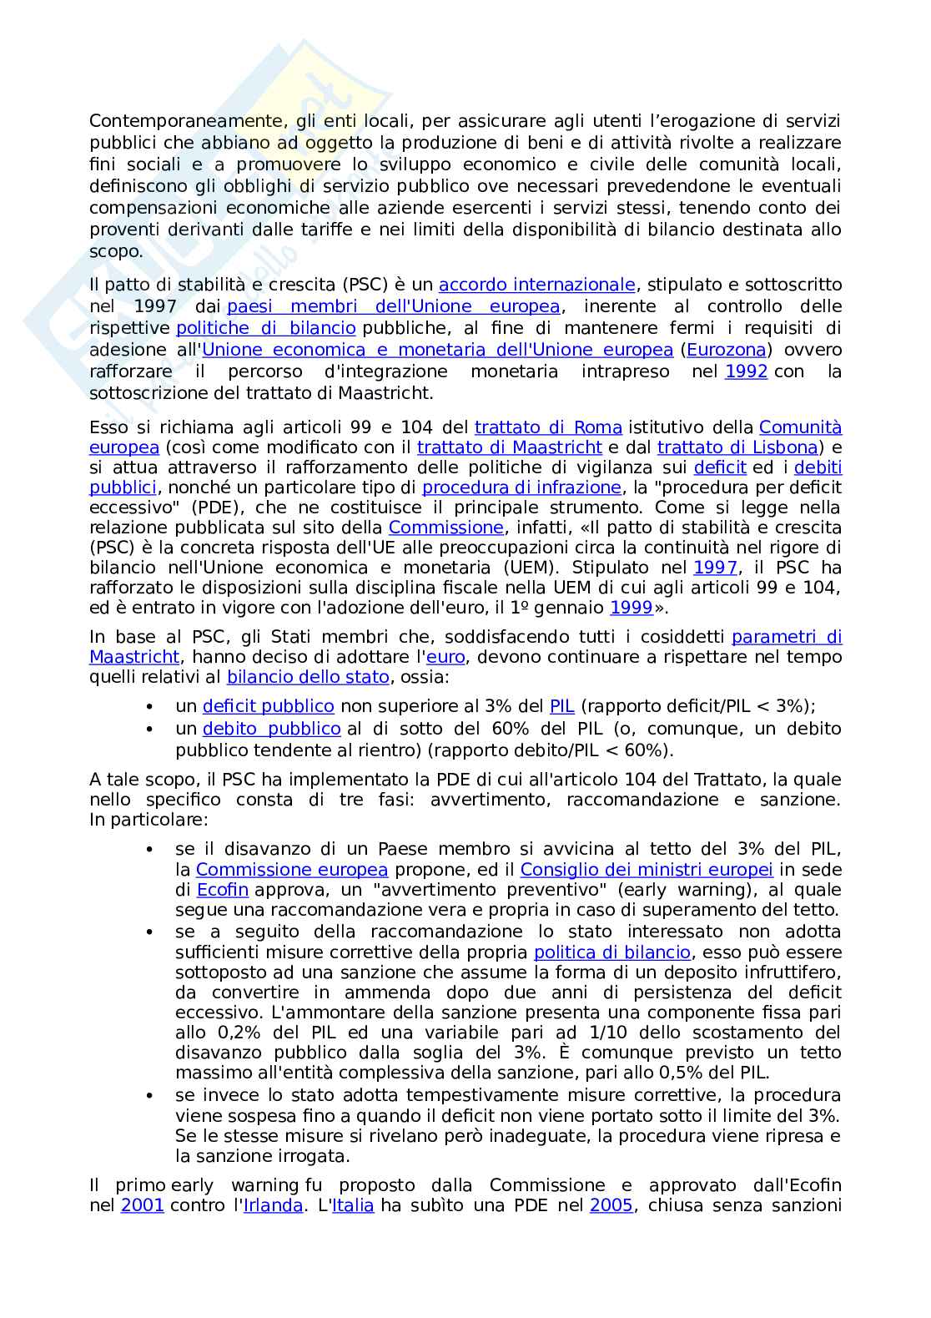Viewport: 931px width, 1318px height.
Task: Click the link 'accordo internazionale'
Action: click(x=537, y=285)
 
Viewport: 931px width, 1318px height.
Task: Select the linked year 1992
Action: click(x=746, y=371)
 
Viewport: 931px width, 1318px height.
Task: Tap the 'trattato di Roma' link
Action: click(x=548, y=427)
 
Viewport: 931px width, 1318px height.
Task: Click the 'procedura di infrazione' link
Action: click(x=521, y=487)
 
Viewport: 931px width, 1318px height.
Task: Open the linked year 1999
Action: click(x=632, y=608)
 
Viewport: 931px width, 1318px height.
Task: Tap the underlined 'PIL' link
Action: click(x=562, y=706)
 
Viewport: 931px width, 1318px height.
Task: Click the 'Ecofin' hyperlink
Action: click(x=223, y=890)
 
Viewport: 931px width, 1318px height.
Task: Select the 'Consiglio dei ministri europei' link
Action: click(x=647, y=870)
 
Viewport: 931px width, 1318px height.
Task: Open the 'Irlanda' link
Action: click(x=273, y=1205)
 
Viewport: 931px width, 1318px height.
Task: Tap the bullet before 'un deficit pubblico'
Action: click(x=149, y=707)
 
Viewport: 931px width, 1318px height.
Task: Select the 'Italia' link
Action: click(x=354, y=1205)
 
